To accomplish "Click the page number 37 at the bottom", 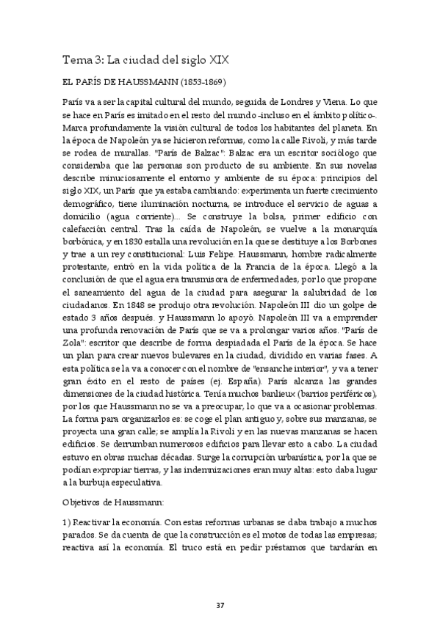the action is point(220,584).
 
